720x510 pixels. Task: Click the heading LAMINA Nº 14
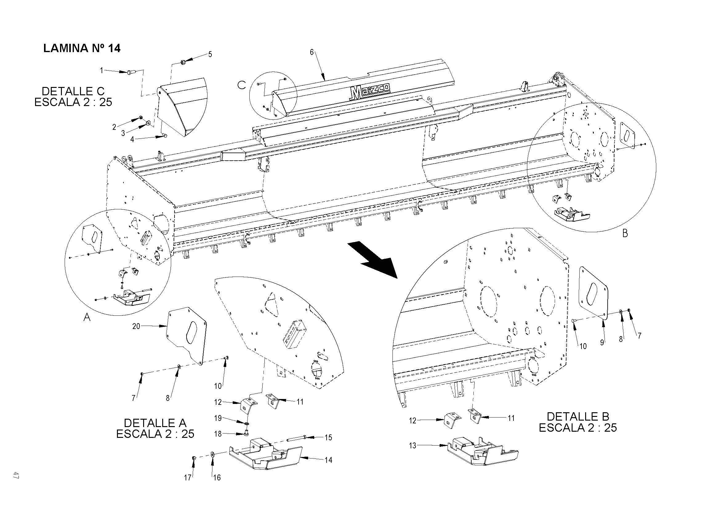(x=82, y=48)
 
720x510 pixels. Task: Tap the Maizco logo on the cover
(x=370, y=92)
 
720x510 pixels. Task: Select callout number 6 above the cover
(x=312, y=52)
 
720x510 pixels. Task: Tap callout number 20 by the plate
(x=136, y=326)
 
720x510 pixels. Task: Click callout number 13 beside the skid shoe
(x=412, y=445)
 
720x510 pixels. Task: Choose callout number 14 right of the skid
(x=328, y=460)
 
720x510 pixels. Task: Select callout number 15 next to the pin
(x=328, y=438)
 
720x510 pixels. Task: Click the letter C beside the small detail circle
(x=241, y=85)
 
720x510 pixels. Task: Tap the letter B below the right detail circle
(x=625, y=234)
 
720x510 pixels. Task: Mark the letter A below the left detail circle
(x=87, y=318)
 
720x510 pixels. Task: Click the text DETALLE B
(x=577, y=416)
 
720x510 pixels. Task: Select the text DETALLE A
(x=155, y=422)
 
